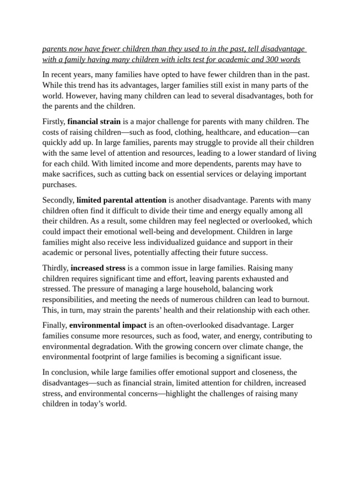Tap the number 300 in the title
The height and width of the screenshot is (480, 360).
271,60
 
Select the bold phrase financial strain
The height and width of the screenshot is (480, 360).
94,121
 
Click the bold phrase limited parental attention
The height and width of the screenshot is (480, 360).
121,200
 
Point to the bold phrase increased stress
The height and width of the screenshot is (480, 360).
98,268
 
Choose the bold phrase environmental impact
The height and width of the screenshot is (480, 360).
108,325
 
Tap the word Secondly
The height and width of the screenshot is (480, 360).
59,200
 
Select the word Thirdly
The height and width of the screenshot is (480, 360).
55,268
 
